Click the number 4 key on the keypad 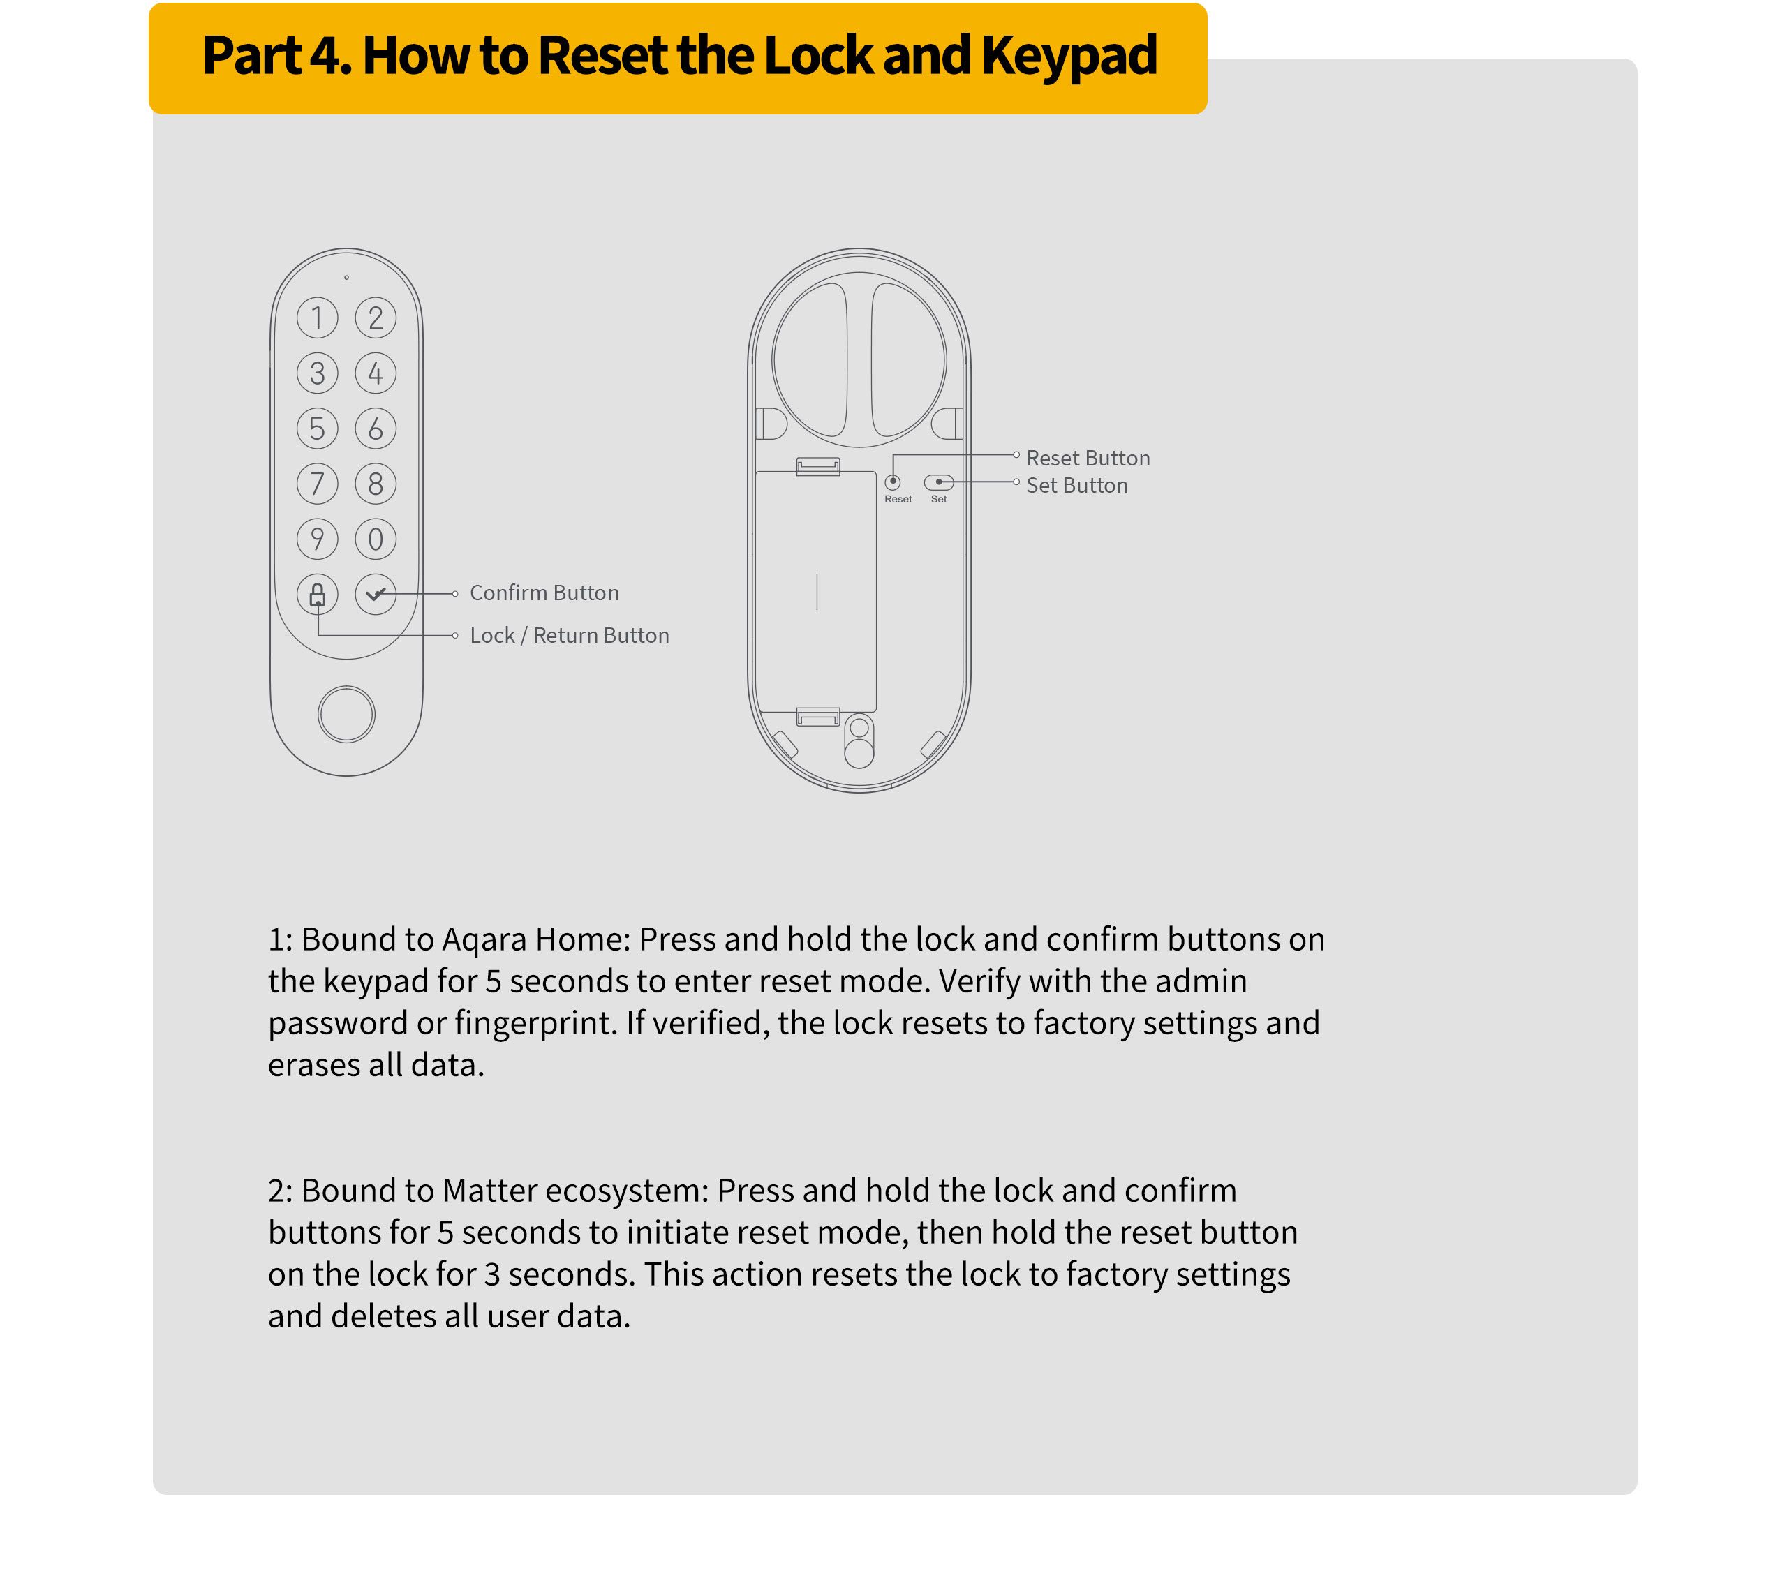pos(376,373)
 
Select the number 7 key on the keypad pos(317,484)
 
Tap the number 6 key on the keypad pos(376,429)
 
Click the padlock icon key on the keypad pos(317,595)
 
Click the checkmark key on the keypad pos(376,595)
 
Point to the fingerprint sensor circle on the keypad pos(347,714)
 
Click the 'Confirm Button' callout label pos(544,593)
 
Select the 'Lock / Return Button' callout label pos(570,636)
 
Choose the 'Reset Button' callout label pos(1088,458)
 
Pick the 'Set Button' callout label pos(1076,485)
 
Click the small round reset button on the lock pos(893,482)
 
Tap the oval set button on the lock pos(939,482)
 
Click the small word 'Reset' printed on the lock pos(898,499)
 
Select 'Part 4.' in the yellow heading pos(276,55)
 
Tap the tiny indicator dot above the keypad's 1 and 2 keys pos(347,278)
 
